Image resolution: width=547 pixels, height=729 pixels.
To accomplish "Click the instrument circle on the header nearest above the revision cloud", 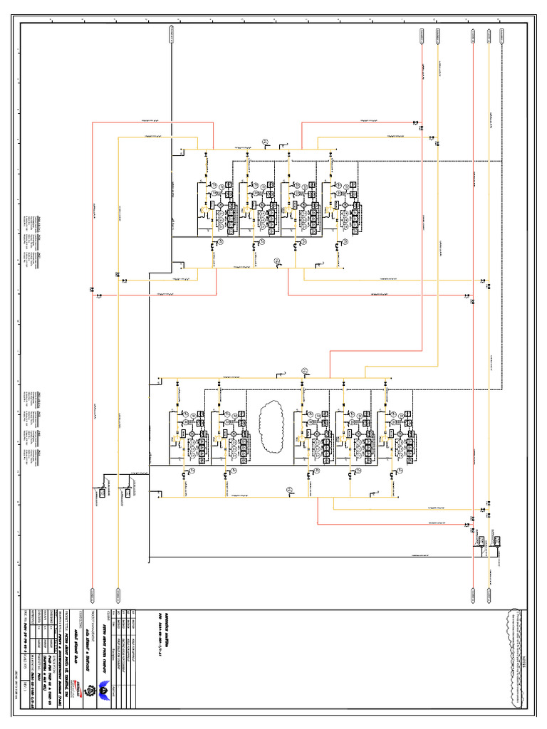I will (305, 369).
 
